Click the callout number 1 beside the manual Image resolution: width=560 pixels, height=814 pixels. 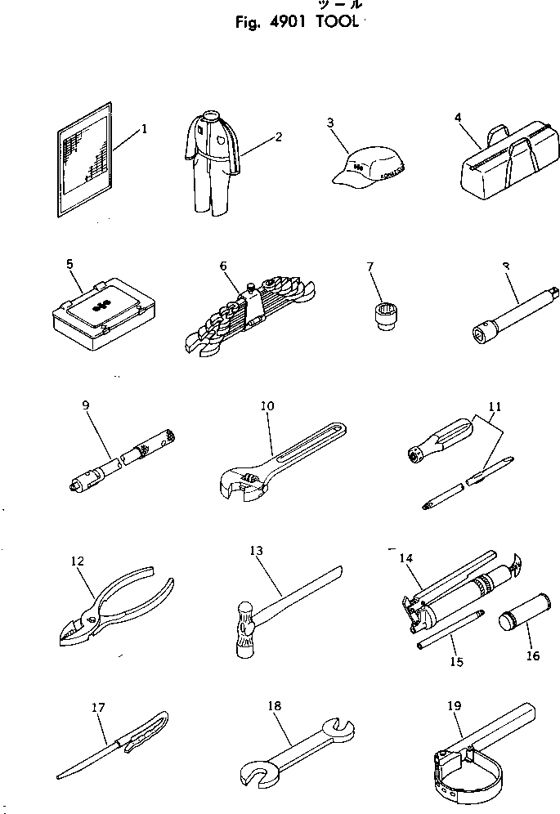pyautogui.click(x=144, y=128)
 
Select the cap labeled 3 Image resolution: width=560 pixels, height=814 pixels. pyautogui.click(x=368, y=168)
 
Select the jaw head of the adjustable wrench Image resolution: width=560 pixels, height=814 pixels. pyautogui.click(x=243, y=483)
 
